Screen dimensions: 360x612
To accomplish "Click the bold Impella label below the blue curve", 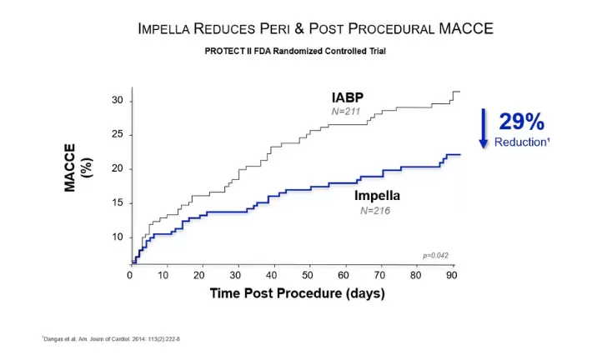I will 377,196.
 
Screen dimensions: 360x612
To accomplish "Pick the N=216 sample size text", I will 376,211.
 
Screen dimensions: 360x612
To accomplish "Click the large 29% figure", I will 521,122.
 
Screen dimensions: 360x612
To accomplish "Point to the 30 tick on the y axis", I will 118,100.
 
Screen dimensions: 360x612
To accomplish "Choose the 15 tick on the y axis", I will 118,202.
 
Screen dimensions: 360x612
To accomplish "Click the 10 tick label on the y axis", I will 118,237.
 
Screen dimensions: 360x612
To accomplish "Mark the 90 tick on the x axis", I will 451,276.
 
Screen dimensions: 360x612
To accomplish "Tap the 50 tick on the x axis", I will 309,276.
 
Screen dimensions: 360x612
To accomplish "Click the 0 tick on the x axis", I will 131,276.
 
